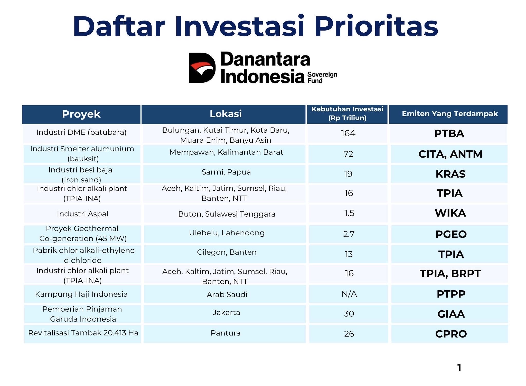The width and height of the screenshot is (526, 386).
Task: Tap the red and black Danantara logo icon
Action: (202, 68)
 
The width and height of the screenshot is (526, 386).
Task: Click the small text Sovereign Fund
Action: (322, 78)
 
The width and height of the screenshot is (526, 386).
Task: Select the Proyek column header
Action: (81, 114)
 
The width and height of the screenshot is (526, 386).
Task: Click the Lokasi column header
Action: (226, 114)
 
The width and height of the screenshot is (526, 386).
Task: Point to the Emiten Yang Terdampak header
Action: (449, 114)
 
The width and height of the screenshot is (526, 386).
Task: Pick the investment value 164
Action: (348, 133)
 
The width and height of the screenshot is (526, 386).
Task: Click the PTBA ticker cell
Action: (449, 133)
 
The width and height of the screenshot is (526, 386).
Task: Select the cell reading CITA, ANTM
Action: (450, 154)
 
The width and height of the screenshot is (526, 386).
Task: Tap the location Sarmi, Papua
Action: (226, 172)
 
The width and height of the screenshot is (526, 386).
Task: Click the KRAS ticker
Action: (450, 174)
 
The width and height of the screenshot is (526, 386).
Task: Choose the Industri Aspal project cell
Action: (82, 214)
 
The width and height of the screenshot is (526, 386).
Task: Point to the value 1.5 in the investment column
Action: (349, 213)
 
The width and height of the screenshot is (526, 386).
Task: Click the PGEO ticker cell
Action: (451, 234)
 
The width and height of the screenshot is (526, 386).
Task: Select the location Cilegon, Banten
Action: (227, 252)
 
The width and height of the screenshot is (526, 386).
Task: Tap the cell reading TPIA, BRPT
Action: (450, 274)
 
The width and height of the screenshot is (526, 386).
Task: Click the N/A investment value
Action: (349, 294)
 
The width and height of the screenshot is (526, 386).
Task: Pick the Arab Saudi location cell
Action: (227, 294)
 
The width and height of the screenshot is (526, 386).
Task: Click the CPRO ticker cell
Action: (451, 334)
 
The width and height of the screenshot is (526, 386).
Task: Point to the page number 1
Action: (459, 368)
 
